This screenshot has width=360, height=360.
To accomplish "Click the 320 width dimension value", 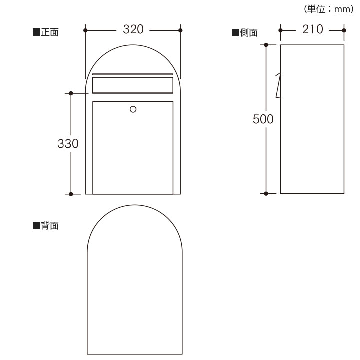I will [133, 30].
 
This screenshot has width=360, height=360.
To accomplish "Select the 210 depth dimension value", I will [313, 30].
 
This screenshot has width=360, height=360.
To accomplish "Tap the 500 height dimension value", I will [263, 119].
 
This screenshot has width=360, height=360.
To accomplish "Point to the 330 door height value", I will [68, 144].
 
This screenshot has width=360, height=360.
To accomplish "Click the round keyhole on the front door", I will [133, 109].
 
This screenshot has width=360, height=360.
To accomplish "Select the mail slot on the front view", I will [133, 84].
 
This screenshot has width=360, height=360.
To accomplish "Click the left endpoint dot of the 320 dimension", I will [86, 30].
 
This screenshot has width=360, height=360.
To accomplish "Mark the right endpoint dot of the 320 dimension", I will [180, 30].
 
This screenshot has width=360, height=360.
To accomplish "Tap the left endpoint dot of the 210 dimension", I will [280, 30].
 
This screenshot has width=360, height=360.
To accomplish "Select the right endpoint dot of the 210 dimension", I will [345, 30].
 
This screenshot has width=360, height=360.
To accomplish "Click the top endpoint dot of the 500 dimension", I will [266, 45].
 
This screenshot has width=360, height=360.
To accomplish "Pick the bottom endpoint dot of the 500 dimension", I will [266, 193].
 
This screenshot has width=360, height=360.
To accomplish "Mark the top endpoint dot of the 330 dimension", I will [71, 93].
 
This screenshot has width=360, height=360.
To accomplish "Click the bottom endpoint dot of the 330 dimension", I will [71, 193].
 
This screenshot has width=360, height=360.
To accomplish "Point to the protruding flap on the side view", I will [278, 86].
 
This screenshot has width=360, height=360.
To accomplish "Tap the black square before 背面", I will [36, 226].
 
